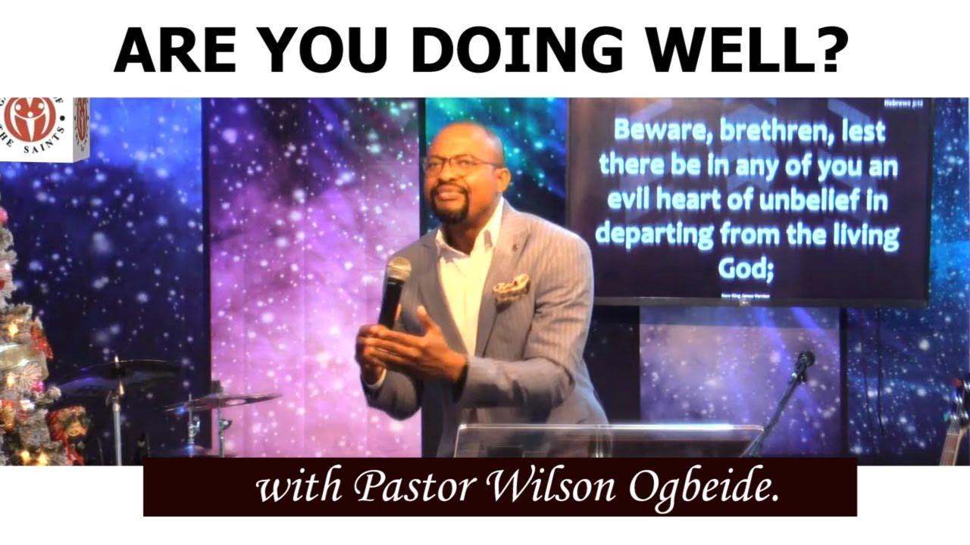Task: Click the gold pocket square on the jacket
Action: [x=511, y=287]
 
